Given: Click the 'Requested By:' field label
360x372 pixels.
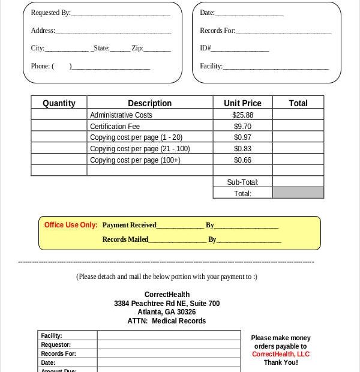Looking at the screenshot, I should click(50, 13).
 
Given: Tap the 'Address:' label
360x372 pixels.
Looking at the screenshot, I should click(43, 31).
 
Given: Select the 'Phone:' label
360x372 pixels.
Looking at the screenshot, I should click(40, 66).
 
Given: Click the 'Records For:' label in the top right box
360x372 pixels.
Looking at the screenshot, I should click(217, 31).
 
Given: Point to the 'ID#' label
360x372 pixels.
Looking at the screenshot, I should click(205, 48).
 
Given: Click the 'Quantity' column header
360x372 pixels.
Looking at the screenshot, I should click(59, 103).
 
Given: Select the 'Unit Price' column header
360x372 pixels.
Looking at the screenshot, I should click(242, 103).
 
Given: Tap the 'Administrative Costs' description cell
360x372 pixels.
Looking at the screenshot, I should click(121, 115).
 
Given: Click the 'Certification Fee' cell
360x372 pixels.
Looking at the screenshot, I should click(115, 127).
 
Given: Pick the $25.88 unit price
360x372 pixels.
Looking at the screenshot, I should click(242, 115).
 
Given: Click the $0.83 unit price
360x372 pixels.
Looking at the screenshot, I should click(242, 149).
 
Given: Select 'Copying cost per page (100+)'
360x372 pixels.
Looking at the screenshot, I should click(135, 160).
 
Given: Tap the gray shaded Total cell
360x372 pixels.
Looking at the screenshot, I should click(298, 193).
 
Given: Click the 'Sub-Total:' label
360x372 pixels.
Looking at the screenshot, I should click(242, 182).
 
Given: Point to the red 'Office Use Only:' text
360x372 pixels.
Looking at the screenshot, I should click(71, 225).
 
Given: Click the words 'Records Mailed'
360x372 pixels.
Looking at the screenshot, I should click(125, 239).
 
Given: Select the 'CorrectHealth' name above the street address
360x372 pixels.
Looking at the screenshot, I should click(167, 295).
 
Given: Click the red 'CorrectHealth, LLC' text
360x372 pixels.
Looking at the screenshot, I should click(280, 354).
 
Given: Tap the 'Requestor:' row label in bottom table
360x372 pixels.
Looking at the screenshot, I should click(56, 345).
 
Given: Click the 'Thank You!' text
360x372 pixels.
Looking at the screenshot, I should click(280, 362).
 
